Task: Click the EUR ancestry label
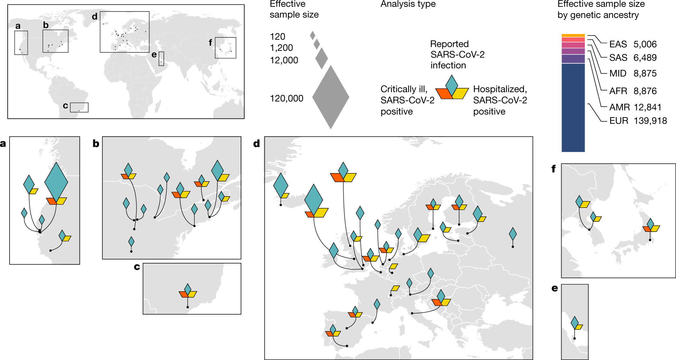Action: coord(618,121)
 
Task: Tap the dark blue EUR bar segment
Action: coord(573,107)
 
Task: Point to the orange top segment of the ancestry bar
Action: coord(573,35)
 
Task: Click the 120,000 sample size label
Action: coord(286,98)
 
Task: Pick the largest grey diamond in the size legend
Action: coord(330,97)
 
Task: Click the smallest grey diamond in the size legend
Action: coord(313,35)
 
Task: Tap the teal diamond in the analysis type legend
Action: coord(451,83)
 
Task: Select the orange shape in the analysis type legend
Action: coord(444,93)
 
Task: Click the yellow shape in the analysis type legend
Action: coord(461,93)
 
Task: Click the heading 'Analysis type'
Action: coord(408,4)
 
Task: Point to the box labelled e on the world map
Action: coord(161,59)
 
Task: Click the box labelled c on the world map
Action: coord(79,107)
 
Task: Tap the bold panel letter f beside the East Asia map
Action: coord(553,169)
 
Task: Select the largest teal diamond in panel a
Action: coord(56,182)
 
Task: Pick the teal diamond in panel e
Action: coord(574,322)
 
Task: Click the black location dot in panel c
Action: coord(188,307)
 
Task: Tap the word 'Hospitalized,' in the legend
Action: coord(500,89)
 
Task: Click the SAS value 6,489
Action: coord(645,58)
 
